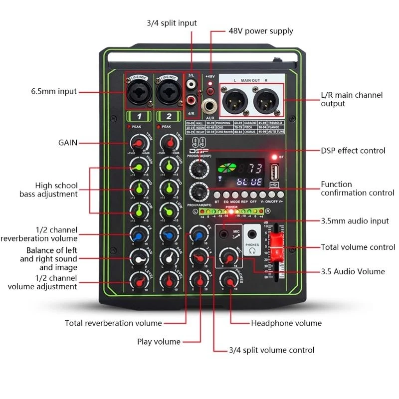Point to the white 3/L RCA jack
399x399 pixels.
(x=190, y=85)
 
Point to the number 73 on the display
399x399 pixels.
(x=254, y=168)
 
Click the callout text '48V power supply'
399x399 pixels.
(x=260, y=31)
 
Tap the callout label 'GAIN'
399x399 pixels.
(x=67, y=143)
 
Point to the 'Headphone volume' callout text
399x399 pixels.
(x=286, y=323)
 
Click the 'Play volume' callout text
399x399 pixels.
(x=159, y=342)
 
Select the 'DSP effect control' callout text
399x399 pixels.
(x=353, y=150)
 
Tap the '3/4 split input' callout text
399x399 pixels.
(x=172, y=23)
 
